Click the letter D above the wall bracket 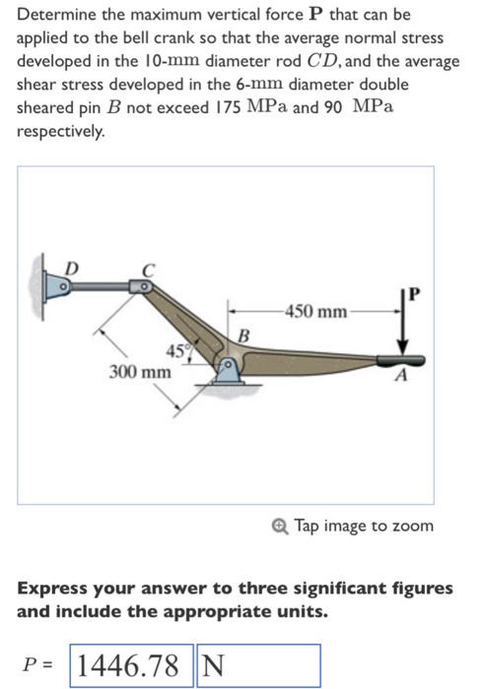click(x=69, y=266)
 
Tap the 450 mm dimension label click(x=314, y=312)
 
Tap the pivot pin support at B click(x=229, y=370)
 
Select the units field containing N click(x=258, y=665)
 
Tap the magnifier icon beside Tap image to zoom click(x=281, y=526)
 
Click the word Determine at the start click(x=55, y=16)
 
